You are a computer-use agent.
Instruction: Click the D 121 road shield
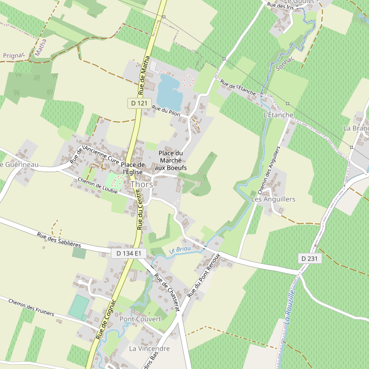tap(140, 103)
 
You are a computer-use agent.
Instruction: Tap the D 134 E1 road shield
tap(129, 253)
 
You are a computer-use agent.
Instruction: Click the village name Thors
tap(141, 184)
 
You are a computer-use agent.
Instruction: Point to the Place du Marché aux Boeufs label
tap(171, 160)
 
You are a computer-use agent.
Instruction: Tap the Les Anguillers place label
tap(274, 199)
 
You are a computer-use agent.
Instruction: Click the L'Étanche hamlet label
tap(278, 115)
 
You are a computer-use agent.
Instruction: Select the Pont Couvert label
tap(140, 319)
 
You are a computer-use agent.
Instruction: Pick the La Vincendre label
tap(149, 348)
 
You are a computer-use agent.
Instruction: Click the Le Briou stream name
tap(179, 250)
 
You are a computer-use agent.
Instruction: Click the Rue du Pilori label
tap(165, 111)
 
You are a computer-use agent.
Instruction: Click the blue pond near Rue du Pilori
tap(169, 91)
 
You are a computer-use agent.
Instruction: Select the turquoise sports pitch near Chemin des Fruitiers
tap(78, 306)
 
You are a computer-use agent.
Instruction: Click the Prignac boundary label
tap(14, 55)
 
